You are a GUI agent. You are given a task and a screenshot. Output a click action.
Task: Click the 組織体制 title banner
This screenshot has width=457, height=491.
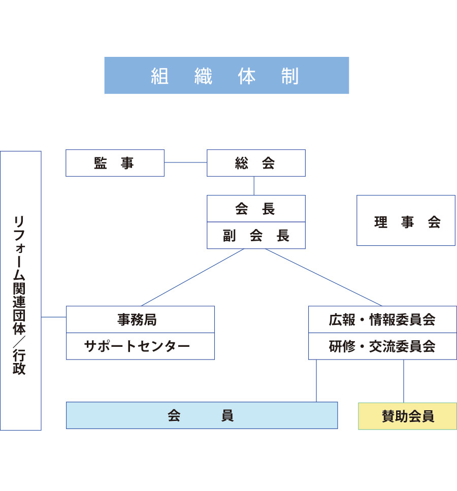(226, 75)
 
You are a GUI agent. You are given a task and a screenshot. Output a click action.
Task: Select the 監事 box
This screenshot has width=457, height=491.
(115, 163)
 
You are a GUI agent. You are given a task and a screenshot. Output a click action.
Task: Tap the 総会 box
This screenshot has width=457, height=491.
(256, 163)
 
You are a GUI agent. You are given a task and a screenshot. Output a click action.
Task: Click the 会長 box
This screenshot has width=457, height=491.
(256, 209)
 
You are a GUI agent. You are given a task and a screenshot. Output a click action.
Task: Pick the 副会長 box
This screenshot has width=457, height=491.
(256, 236)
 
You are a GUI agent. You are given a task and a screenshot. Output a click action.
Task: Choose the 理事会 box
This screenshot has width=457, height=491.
(406, 220)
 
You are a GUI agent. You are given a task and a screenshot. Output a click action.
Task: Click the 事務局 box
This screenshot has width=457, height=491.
(140, 319)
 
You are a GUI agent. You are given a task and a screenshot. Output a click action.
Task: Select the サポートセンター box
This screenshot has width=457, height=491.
(140, 346)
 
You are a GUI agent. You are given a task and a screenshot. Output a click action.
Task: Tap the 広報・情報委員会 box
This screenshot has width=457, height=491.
(382, 319)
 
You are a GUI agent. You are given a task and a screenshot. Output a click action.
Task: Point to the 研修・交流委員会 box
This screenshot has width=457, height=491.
(382, 346)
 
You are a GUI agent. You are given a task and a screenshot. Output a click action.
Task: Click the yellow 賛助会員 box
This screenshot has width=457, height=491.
(408, 416)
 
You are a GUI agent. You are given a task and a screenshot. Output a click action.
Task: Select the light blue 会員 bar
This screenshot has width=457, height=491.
(202, 415)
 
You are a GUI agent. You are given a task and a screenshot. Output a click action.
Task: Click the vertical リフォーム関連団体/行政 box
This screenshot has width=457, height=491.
(21, 290)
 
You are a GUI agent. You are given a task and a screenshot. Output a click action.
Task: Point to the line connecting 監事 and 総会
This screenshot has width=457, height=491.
(185, 163)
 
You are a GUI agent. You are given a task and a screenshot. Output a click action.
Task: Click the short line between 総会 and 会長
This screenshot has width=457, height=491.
(254, 186)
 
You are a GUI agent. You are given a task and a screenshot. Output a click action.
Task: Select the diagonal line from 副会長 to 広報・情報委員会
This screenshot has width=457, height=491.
(323, 277)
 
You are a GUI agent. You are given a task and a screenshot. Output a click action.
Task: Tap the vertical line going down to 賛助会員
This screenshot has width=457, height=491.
(404, 381)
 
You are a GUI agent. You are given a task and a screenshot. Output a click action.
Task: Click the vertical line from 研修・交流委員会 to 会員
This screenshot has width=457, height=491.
(316, 381)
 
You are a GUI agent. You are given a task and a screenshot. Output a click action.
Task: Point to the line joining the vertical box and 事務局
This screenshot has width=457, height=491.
(54, 317)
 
